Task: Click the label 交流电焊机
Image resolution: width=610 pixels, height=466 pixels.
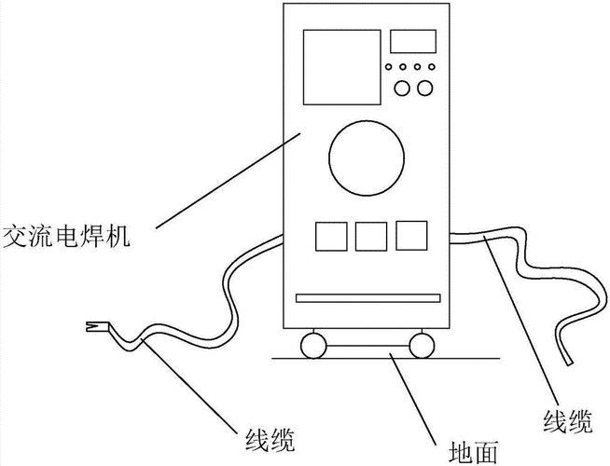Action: pyautogui.click(x=65, y=237)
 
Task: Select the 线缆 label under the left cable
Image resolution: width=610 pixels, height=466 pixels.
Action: pyautogui.click(x=271, y=438)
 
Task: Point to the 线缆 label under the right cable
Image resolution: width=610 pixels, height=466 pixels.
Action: pyautogui.click(x=566, y=420)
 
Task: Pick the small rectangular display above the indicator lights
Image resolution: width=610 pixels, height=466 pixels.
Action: pyautogui.click(x=411, y=41)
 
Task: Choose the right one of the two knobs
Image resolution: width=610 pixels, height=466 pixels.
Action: pyautogui.click(x=426, y=89)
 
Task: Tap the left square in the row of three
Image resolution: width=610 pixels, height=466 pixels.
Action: pyautogui.click(x=329, y=235)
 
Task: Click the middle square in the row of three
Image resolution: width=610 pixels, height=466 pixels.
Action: pyautogui.click(x=370, y=235)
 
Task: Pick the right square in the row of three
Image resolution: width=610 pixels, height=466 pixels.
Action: pyautogui.click(x=410, y=235)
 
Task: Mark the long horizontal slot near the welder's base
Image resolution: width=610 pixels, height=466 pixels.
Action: pyautogui.click(x=366, y=298)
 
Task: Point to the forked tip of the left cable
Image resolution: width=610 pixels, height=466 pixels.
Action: pyautogui.click(x=94, y=326)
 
